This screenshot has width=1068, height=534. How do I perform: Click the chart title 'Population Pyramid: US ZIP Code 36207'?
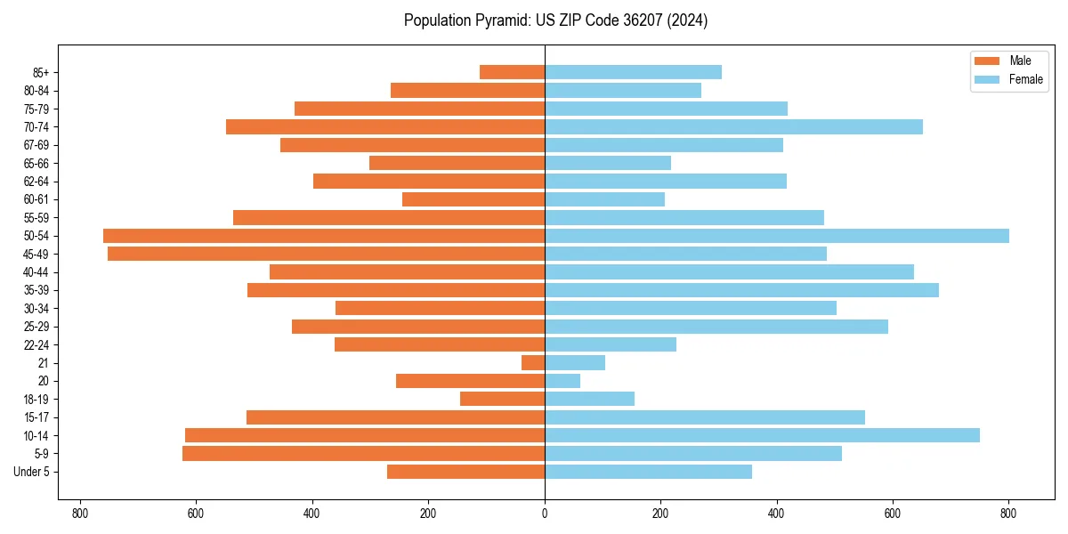pyautogui.click(x=555, y=20)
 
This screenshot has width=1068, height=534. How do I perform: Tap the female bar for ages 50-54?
pyautogui.click(x=776, y=236)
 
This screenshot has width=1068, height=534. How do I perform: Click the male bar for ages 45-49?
pyautogui.click(x=326, y=254)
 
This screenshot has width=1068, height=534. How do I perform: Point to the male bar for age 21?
pyautogui.click(x=533, y=363)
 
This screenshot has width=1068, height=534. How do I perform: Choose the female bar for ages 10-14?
pyautogui.click(x=762, y=435)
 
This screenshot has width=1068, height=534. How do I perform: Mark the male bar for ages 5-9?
pyautogui.click(x=363, y=454)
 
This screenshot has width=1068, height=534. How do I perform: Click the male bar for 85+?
pyautogui.click(x=512, y=72)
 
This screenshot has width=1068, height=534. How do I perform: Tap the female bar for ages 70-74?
pyautogui.click(x=733, y=126)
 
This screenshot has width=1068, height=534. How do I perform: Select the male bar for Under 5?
pyautogui.click(x=465, y=472)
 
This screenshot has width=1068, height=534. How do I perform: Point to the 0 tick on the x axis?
pyautogui.click(x=545, y=514)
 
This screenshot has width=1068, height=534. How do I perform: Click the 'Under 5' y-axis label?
pyautogui.click(x=31, y=472)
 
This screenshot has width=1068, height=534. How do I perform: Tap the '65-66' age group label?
pyautogui.click(x=36, y=163)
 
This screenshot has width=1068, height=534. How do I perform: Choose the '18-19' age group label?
pyautogui.click(x=36, y=400)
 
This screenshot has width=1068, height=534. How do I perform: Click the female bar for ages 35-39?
pyautogui.click(x=741, y=290)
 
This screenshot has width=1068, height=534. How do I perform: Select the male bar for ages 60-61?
pyautogui.click(x=473, y=199)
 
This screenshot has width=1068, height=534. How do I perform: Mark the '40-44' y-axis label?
pyautogui.click(x=36, y=272)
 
